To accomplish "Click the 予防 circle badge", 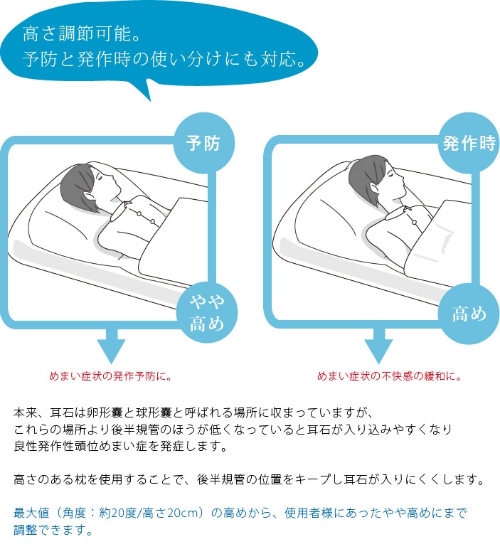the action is (203, 143).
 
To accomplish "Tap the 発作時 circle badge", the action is (469, 143).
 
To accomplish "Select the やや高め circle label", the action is (207, 312).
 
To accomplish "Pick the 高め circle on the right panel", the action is (469, 314).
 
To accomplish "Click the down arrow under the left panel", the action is (111, 345).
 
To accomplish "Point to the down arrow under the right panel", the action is (378, 345).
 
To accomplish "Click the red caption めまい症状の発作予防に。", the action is (110, 376).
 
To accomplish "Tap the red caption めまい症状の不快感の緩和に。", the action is (390, 376).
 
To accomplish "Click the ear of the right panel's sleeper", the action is (374, 188).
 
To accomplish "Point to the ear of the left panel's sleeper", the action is (87, 197).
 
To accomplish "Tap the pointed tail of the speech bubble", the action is (149, 99).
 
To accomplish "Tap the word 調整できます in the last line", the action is (50, 530).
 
